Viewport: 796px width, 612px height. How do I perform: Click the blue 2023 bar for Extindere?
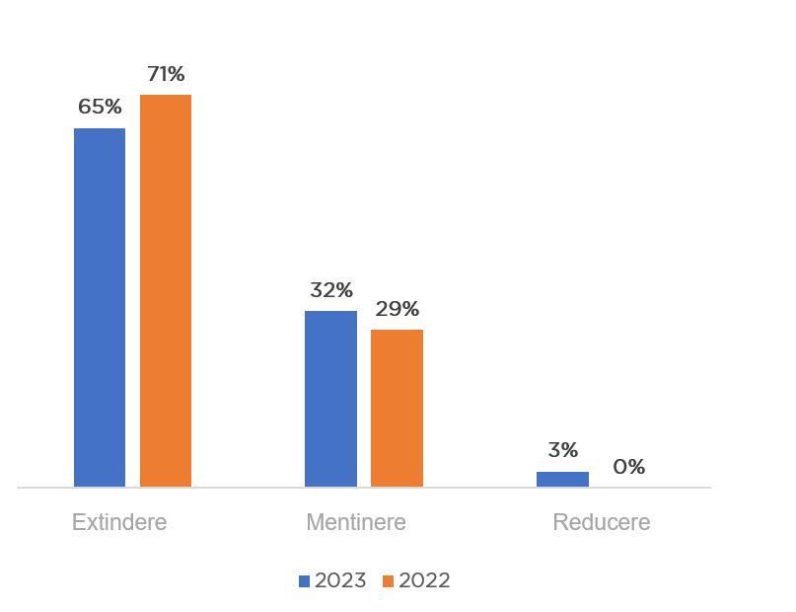click(x=100, y=307)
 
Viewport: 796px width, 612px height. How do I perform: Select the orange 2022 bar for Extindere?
click(x=166, y=290)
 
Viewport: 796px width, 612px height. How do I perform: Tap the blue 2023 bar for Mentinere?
click(x=330, y=399)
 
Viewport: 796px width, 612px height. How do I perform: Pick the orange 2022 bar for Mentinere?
click(x=397, y=408)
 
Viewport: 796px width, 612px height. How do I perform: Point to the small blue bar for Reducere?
click(x=562, y=479)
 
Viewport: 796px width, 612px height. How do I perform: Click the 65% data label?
click(x=100, y=108)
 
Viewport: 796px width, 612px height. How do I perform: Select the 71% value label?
click(x=166, y=74)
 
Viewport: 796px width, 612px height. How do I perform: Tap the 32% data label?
click(x=330, y=290)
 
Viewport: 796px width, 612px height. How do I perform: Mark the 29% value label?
click(x=397, y=309)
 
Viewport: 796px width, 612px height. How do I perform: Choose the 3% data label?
click(x=562, y=450)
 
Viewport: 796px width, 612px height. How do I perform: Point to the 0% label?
click(x=628, y=466)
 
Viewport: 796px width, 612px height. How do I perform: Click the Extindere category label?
click(x=119, y=522)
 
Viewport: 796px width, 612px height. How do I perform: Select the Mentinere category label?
click(x=355, y=522)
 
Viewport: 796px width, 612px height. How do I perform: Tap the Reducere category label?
click(x=601, y=522)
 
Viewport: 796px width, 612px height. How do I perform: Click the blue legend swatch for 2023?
click(x=305, y=581)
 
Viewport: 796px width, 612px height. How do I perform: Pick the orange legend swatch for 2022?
click(x=389, y=581)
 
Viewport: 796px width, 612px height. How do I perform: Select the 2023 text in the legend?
click(x=340, y=580)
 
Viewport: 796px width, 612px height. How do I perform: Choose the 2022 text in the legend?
click(x=424, y=580)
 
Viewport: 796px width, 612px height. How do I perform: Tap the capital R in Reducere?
click(x=559, y=522)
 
